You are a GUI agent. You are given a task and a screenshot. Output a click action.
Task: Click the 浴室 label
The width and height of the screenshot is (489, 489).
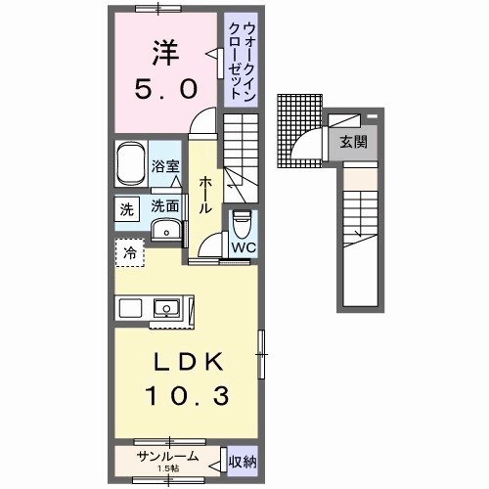point(165,167)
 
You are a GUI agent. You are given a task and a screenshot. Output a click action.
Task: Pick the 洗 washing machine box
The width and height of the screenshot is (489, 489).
point(127,208)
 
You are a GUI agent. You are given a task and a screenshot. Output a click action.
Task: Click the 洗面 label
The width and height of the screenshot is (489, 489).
point(164,206)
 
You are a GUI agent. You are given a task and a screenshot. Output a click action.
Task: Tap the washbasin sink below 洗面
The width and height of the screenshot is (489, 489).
point(167,230)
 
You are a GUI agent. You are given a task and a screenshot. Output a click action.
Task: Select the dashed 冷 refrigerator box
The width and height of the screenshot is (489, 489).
point(130,253)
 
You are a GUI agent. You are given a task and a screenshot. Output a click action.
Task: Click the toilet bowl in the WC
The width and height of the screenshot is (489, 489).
point(241,224)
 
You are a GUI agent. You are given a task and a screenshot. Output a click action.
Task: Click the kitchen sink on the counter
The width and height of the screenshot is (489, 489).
point(166,308)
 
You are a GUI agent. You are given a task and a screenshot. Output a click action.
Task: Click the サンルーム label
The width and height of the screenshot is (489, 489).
point(168,457)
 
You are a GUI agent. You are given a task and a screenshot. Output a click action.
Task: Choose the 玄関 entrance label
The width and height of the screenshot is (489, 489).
point(353,141)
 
